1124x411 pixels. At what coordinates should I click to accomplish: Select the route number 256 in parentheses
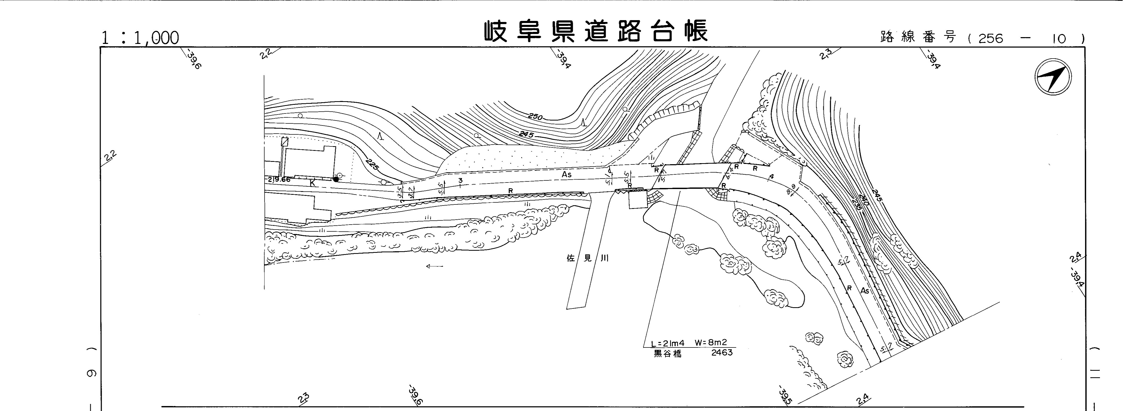[990, 39]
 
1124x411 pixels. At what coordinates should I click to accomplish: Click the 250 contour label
[535, 117]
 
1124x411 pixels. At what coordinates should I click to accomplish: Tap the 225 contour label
[372, 165]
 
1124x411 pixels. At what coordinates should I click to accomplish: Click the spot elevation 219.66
[279, 179]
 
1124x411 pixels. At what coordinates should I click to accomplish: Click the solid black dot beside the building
[336, 179]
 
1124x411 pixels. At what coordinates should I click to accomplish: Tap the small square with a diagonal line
[285, 141]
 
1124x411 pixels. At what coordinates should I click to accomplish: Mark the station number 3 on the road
[460, 180]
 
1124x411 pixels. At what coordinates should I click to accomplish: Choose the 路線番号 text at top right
[918, 38]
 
